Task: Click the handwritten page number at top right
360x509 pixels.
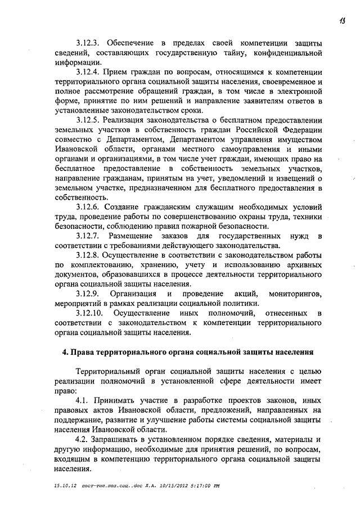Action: click(342, 22)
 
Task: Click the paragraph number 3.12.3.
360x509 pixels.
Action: click(89, 43)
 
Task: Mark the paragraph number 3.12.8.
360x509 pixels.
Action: click(89, 255)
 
